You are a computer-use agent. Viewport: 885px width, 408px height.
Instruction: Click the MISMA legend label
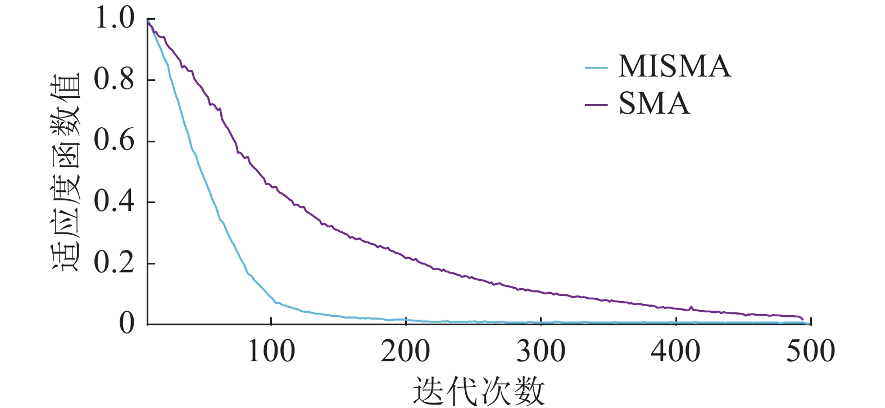click(x=674, y=67)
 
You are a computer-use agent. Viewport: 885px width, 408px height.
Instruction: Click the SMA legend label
click(x=654, y=104)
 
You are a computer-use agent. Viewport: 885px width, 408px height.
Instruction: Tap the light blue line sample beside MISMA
click(x=596, y=68)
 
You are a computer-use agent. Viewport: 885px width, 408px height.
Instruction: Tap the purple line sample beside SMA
click(x=596, y=105)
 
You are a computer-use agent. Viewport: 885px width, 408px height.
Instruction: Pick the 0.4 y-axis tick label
click(x=115, y=201)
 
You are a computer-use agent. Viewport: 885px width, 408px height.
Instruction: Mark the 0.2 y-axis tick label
click(x=115, y=263)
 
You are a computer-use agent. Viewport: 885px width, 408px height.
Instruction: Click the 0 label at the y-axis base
click(x=127, y=324)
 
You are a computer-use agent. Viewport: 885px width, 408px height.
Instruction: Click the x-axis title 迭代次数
click(x=479, y=391)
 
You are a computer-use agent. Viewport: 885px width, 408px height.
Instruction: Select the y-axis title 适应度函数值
click(x=66, y=172)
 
